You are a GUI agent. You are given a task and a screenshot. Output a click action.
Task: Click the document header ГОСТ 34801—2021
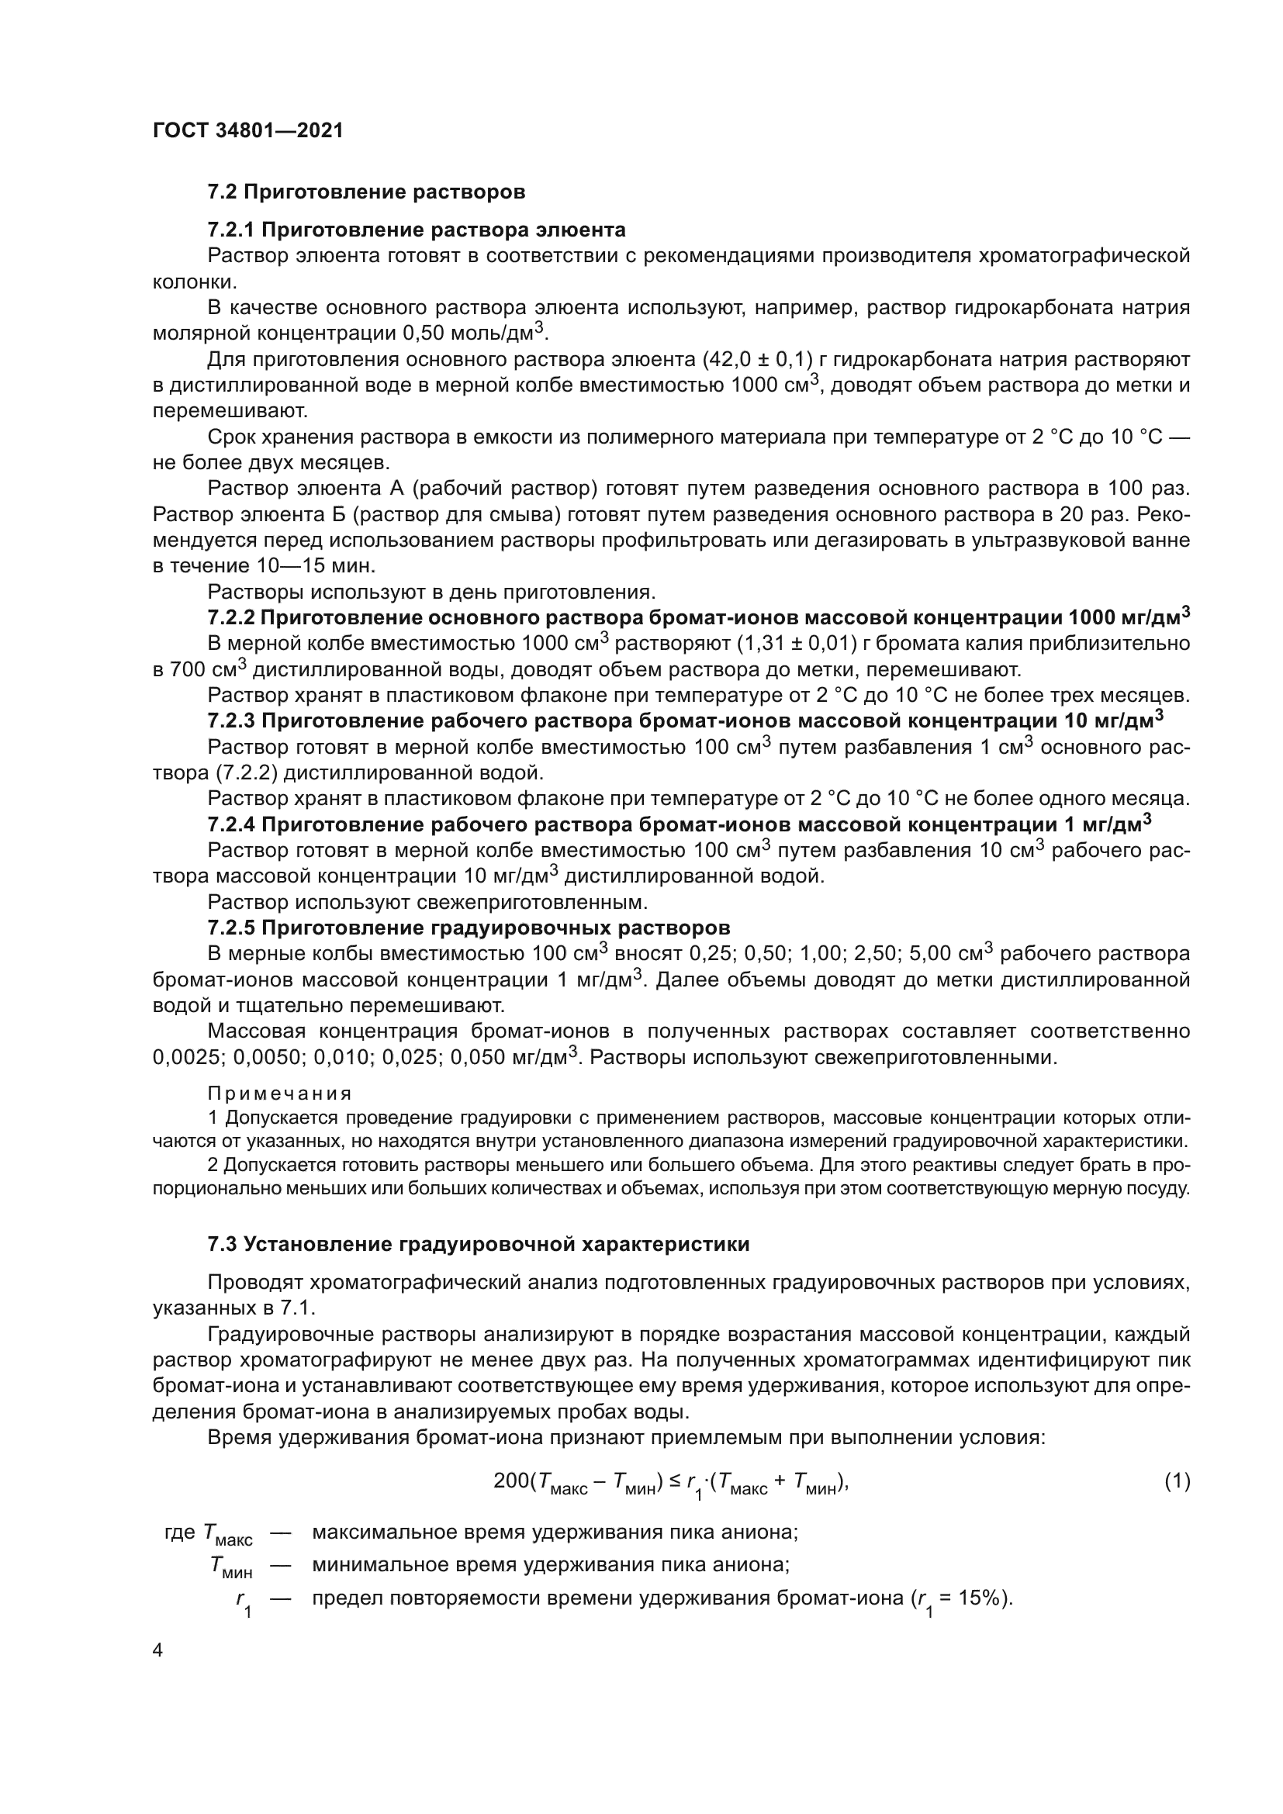(x=248, y=131)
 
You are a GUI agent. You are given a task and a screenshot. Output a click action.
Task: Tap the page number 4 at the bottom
(x=158, y=1650)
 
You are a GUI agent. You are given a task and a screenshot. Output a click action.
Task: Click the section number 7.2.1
(x=231, y=230)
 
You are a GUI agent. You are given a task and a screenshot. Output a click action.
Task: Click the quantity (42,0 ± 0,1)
(x=758, y=360)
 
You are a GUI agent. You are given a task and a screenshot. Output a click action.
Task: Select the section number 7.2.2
(x=231, y=617)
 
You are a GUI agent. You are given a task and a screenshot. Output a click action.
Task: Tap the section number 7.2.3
(x=231, y=720)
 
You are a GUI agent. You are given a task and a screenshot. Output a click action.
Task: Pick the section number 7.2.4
(x=231, y=825)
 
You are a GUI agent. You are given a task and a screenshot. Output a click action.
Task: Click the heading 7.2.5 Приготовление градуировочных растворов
(x=469, y=927)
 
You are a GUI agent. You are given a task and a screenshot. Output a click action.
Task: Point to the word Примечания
(x=280, y=1094)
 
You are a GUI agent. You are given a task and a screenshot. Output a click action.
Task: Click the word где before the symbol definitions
(x=179, y=1532)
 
